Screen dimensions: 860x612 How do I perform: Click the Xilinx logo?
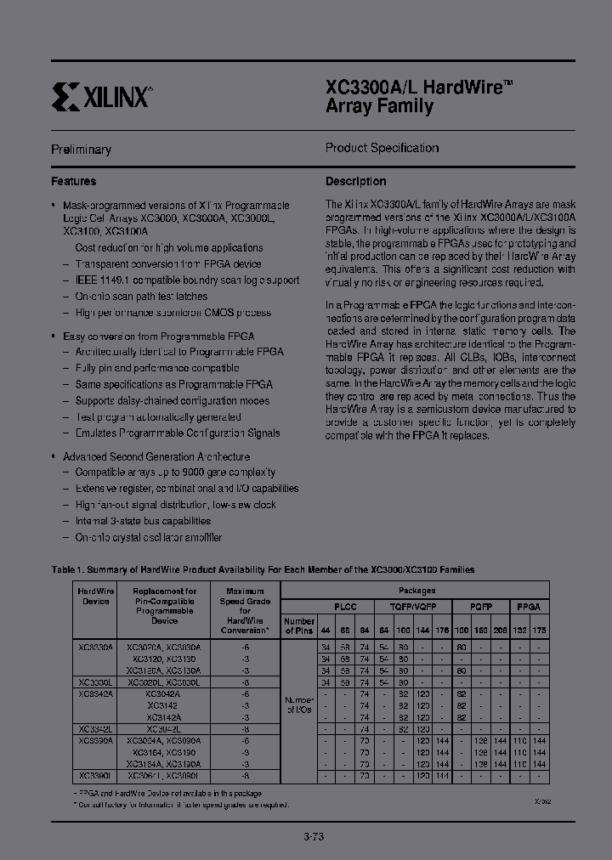pos(101,96)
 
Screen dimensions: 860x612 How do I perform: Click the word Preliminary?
pos(81,150)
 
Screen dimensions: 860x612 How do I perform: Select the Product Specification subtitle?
pos(382,148)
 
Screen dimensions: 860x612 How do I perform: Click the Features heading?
pos(74,181)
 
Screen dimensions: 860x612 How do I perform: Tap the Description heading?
pos(355,181)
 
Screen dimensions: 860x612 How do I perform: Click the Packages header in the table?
pos(416,590)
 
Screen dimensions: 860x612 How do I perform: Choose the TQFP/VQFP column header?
pos(416,608)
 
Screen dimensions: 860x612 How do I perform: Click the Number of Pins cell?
pos(298,625)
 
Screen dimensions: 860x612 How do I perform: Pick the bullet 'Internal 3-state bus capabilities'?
pos(143,521)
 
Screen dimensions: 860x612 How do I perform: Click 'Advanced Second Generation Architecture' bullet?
pos(156,456)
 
